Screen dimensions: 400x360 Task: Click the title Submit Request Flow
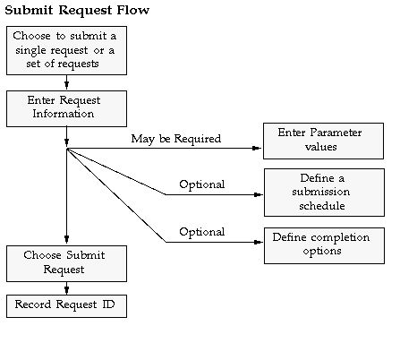pos(77,11)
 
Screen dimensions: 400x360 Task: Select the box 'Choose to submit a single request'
pos(66,50)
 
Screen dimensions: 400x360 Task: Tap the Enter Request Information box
pos(66,108)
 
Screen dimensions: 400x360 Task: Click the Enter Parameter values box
pos(323,141)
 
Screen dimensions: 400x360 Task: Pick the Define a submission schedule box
pos(324,193)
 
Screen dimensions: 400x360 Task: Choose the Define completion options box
pos(324,245)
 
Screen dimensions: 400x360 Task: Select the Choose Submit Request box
pos(66,263)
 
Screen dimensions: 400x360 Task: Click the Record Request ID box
pos(66,306)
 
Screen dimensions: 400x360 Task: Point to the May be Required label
pos(176,139)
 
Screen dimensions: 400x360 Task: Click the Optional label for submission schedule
pos(202,184)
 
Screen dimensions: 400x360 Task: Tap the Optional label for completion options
pos(202,232)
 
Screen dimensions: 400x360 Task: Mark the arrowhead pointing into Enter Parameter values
pos(257,148)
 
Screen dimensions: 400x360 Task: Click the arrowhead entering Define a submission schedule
pos(258,195)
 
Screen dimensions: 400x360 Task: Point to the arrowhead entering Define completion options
pos(258,242)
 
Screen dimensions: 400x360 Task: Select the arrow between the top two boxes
pos(66,82)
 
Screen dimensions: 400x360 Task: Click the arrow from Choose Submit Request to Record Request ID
pos(66,288)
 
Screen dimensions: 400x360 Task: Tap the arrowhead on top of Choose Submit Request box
pos(66,239)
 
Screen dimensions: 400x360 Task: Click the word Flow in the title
pos(133,10)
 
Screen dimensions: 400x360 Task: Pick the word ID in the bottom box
pos(108,304)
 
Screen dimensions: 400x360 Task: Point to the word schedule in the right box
pos(322,206)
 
